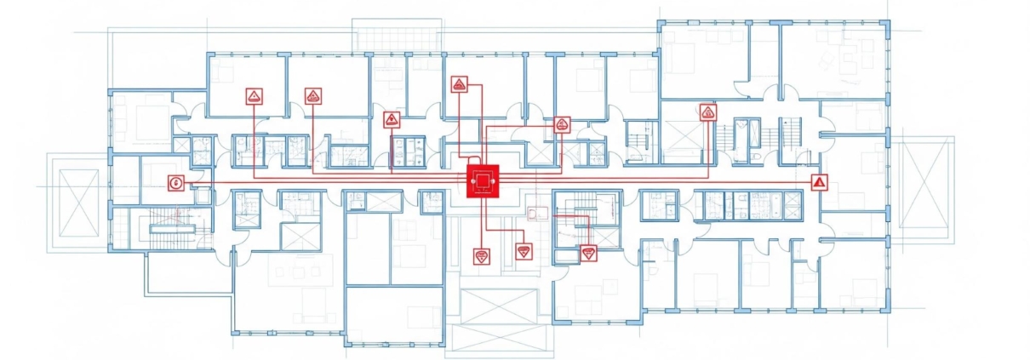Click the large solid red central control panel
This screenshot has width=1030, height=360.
coord(483,181)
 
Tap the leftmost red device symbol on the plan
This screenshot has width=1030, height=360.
coord(176,182)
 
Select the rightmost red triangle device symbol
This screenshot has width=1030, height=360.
coord(819,181)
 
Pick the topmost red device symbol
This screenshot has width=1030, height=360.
coord(459,83)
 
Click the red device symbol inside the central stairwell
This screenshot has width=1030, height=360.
coord(588,252)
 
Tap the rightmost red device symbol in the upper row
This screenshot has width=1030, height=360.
coord(707,112)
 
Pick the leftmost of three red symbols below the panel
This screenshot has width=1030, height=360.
coord(482,256)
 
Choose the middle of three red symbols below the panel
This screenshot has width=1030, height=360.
coord(524,252)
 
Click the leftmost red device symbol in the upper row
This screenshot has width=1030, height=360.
coord(254,96)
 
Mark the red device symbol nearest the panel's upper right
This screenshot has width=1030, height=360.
coord(561,124)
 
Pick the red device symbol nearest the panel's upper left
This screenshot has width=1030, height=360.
coord(392,119)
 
